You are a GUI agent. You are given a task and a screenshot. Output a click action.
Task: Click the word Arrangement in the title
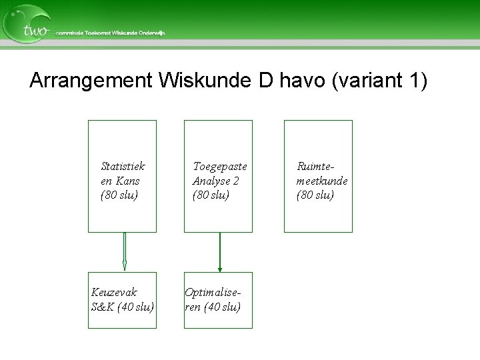[x=91, y=81]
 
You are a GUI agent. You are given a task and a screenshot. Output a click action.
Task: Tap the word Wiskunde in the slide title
[x=205, y=81]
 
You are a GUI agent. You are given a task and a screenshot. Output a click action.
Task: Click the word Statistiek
[x=123, y=166]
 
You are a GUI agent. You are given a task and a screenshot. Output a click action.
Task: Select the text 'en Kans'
[x=120, y=181]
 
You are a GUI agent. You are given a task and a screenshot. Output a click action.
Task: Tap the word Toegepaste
[x=219, y=166]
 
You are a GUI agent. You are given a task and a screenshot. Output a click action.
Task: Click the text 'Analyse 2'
[x=215, y=181]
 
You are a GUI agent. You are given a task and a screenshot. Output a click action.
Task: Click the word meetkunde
[x=322, y=181]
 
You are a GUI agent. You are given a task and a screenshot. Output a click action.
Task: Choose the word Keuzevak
[x=114, y=292]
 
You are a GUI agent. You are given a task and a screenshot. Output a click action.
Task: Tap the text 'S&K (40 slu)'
[x=123, y=307]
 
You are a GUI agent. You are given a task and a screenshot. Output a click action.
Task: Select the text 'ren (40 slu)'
[x=213, y=307]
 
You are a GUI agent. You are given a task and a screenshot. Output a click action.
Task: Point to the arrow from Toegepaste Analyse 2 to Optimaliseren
[x=220, y=252]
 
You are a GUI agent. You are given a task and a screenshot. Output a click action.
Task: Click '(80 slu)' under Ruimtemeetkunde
[x=315, y=195]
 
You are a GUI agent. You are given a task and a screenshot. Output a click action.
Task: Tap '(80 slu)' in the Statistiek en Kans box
[x=119, y=195]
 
